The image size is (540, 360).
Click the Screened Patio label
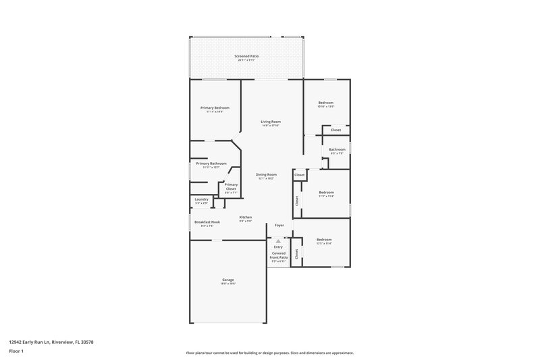coord(246,56)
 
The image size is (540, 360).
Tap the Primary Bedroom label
coord(215,108)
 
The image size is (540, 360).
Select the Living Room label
coord(270,122)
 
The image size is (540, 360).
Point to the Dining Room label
coord(266,174)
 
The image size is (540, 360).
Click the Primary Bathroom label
coord(211,163)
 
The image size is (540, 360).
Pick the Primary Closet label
coord(231,186)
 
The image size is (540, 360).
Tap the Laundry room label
coord(201,199)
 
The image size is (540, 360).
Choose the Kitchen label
coord(245,217)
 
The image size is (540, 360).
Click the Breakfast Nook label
coord(207,222)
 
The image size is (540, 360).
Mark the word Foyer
coord(278,224)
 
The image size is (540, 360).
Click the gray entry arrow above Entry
coord(277,240)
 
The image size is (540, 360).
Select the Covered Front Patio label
coord(279,255)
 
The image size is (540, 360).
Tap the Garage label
coord(228,280)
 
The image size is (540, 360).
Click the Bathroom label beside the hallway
coord(337,149)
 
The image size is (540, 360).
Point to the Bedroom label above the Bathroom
coord(325,103)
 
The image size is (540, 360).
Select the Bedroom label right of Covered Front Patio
coord(324,239)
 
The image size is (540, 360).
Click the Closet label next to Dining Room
coord(299,175)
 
